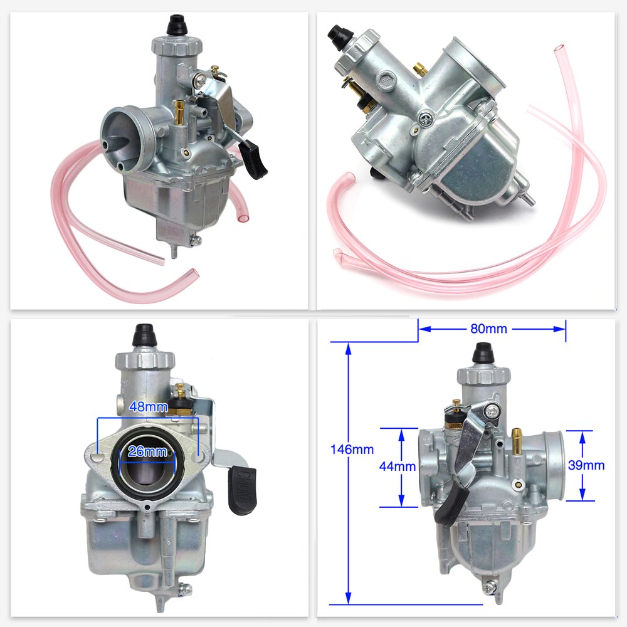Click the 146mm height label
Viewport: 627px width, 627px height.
[352, 449]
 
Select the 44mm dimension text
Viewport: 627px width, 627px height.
[398, 466]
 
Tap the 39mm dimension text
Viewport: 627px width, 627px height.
[586, 465]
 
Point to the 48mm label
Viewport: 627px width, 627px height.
[147, 406]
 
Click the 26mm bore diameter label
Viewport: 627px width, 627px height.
[147, 451]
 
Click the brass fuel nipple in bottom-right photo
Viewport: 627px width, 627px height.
[516, 441]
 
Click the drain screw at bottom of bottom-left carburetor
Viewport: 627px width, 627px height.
[183, 588]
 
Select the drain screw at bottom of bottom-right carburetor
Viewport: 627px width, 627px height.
[491, 587]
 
